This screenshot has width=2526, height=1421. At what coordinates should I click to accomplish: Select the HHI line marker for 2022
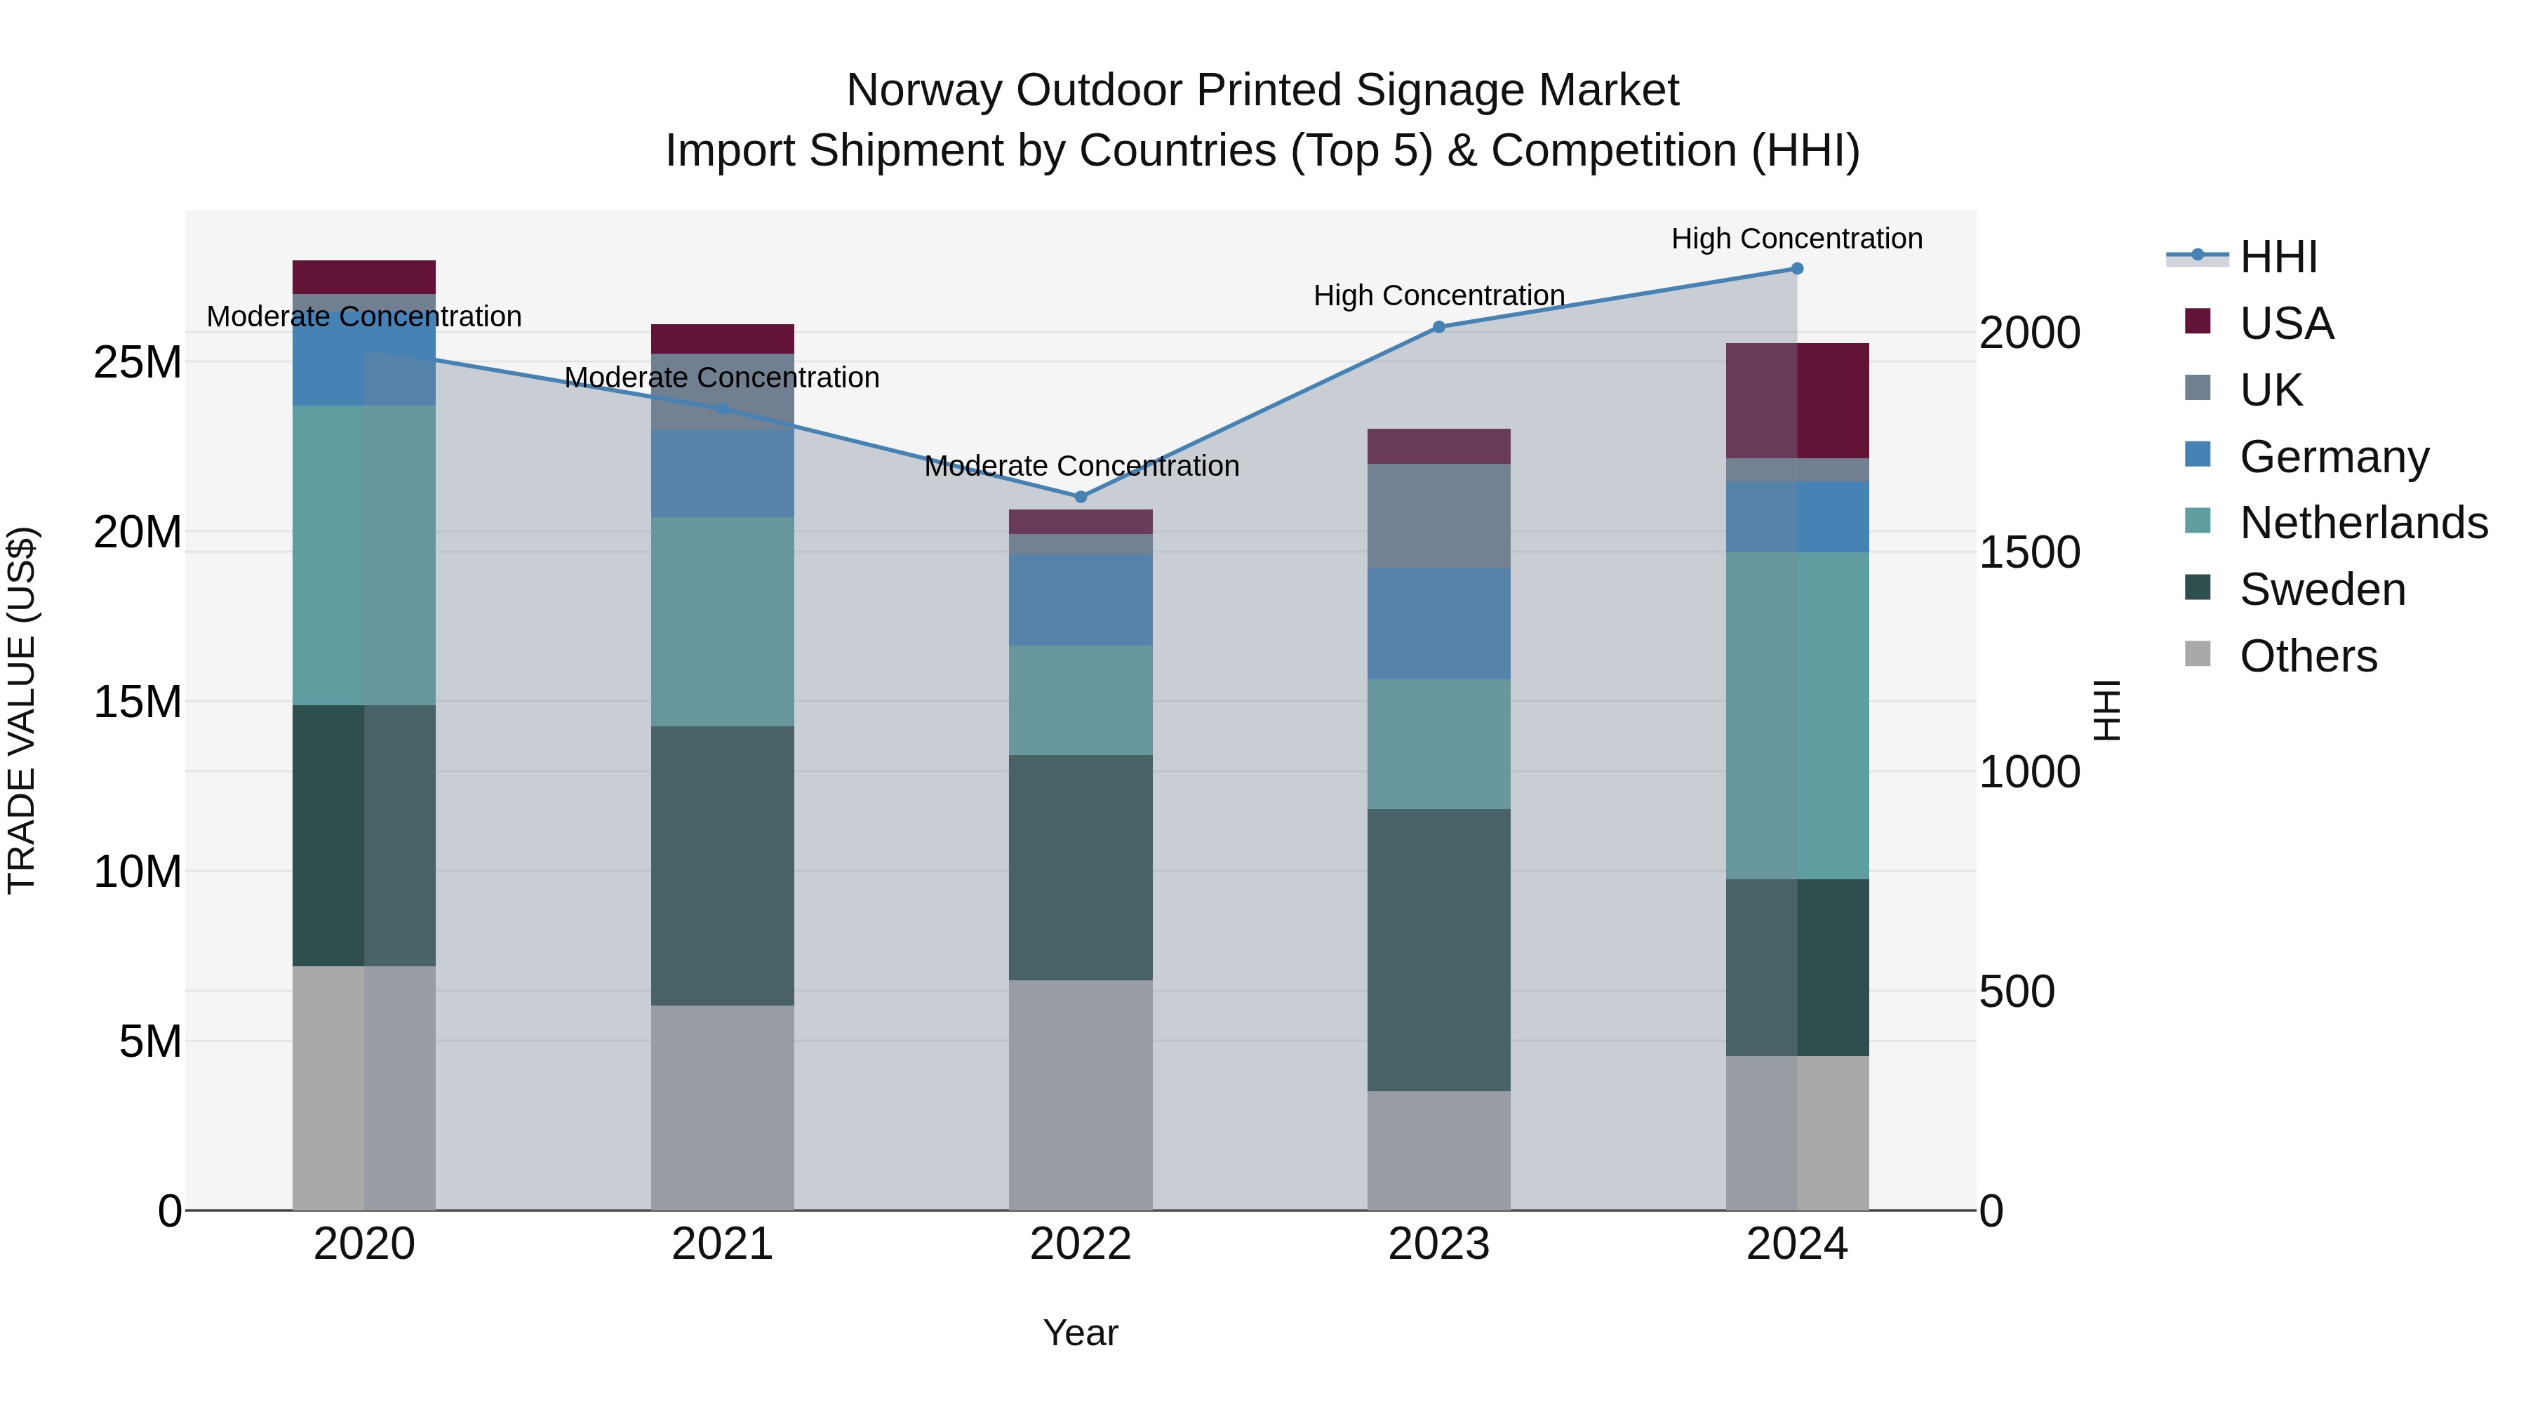pyautogui.click(x=1081, y=498)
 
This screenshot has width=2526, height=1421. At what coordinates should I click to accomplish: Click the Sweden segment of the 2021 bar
pyautogui.click(x=722, y=866)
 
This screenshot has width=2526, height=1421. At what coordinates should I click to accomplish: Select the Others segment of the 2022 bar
pyautogui.click(x=1081, y=1095)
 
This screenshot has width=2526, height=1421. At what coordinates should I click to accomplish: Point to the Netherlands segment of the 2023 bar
pyautogui.click(x=1438, y=745)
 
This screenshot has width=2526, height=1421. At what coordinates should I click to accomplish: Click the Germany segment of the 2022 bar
pyautogui.click(x=1081, y=600)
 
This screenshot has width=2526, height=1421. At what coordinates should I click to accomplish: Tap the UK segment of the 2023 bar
pyautogui.click(x=1438, y=516)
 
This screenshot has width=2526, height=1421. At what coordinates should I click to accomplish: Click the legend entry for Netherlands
pyautogui.click(x=2363, y=523)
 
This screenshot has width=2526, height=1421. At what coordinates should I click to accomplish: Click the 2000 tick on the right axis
pyautogui.click(x=2029, y=333)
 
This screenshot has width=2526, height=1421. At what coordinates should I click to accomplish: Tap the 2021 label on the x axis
pyautogui.click(x=722, y=1244)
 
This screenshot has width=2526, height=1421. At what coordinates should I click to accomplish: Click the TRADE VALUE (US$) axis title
pyautogui.click(x=22, y=710)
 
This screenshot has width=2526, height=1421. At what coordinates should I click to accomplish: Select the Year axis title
pyautogui.click(x=1081, y=1333)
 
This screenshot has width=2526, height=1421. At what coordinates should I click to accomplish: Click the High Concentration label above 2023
pyautogui.click(x=1438, y=295)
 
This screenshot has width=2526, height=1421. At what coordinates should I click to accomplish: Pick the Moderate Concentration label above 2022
pyautogui.click(x=1081, y=466)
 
